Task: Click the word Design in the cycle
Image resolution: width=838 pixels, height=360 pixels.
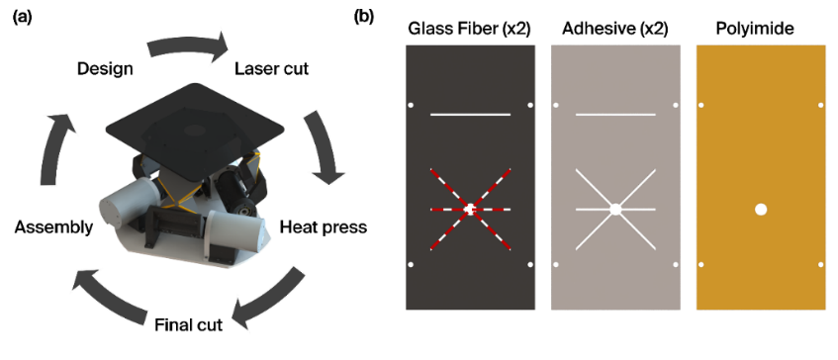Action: click(105, 69)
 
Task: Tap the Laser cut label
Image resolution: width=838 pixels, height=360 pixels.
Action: click(271, 69)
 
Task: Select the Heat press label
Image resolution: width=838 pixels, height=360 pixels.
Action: click(324, 227)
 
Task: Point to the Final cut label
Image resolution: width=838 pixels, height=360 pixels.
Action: click(188, 324)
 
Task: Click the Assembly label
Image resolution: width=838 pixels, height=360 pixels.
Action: click(54, 227)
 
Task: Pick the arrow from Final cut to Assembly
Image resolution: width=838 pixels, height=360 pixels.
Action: click(110, 295)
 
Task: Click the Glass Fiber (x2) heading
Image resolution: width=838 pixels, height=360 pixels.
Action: click(469, 30)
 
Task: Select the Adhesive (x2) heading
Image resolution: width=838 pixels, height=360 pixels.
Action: click(615, 30)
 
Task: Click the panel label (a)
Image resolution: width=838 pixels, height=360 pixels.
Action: click(23, 17)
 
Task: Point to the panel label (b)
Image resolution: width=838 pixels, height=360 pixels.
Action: click(363, 17)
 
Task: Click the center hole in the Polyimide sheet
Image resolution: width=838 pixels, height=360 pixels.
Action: click(761, 210)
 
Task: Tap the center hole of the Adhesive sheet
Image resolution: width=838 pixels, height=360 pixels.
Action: click(615, 210)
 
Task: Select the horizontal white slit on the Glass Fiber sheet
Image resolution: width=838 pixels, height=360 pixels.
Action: click(470, 115)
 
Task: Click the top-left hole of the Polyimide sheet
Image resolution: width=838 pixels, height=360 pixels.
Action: click(700, 105)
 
